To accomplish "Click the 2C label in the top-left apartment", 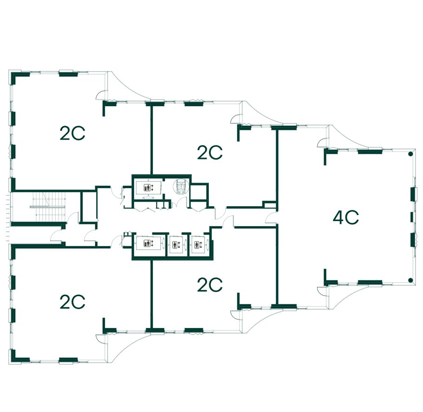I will [x=72, y=133].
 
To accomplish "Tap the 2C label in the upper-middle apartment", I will [x=210, y=152].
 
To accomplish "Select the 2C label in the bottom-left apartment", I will [x=72, y=302].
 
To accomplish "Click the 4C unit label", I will [x=346, y=217].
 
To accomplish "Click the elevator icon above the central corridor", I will [x=148, y=188].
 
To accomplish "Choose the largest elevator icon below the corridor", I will [x=148, y=244].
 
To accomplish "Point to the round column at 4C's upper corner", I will [x=410, y=154].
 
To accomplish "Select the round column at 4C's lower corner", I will [x=410, y=279].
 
